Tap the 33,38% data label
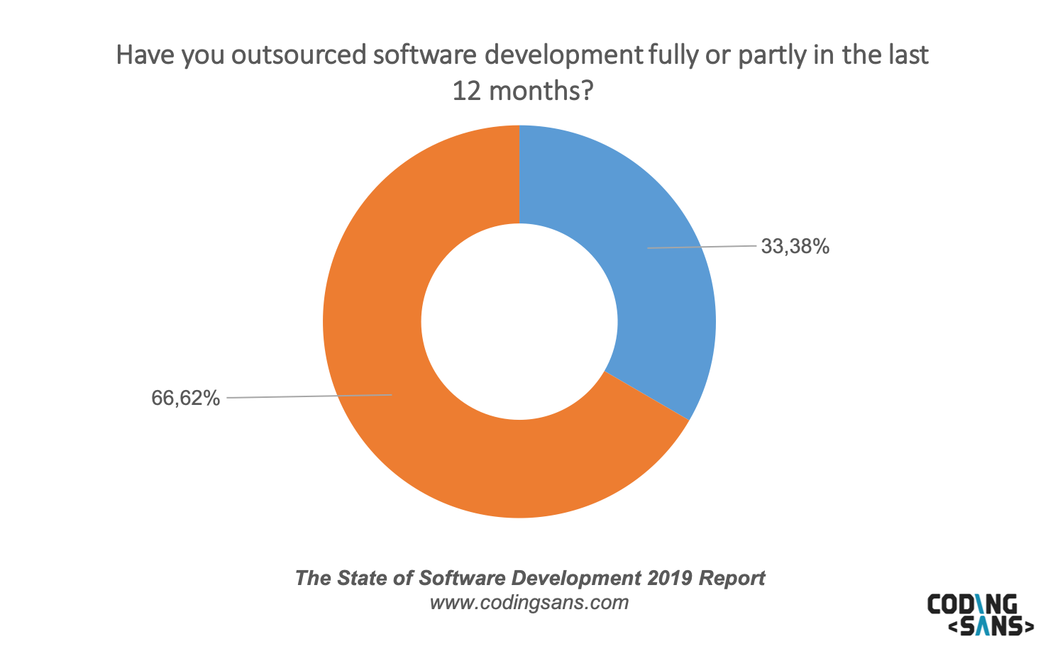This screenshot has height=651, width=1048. [x=795, y=246]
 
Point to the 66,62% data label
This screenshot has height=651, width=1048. [x=186, y=398]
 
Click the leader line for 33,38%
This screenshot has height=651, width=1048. [x=702, y=247]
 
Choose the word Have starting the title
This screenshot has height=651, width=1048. [x=145, y=55]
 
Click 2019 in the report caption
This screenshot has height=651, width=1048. [x=669, y=578]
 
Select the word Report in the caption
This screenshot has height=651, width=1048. [x=732, y=578]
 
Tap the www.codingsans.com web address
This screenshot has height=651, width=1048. [x=529, y=603]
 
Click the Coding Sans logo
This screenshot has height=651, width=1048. [x=980, y=614]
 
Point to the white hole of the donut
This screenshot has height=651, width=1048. [x=519, y=322]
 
